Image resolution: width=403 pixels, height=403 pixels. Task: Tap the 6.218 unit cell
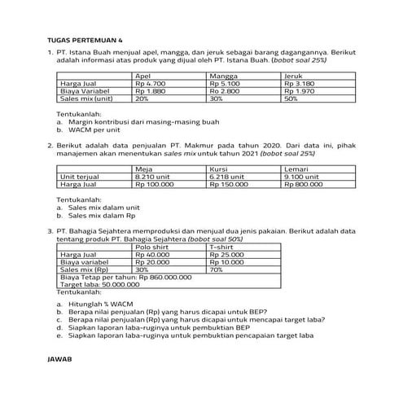pyautogui.click(x=227, y=177)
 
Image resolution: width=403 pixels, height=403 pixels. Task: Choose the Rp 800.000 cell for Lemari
pyautogui.click(x=305, y=184)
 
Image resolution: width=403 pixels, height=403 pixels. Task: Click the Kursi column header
pyautogui.click(x=219, y=169)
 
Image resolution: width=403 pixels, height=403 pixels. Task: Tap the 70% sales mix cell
pyautogui.click(x=217, y=269)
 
